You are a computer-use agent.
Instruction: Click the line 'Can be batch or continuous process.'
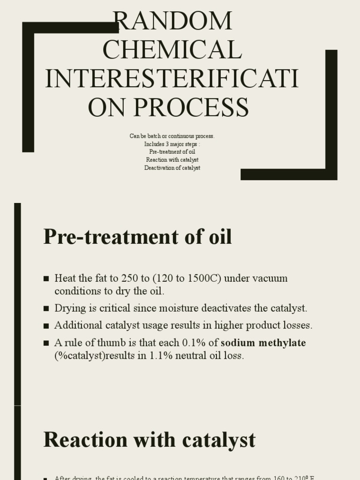tap(172, 136)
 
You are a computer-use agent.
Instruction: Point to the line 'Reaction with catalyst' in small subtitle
tap(172, 160)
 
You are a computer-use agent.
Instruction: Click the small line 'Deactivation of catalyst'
tap(172, 168)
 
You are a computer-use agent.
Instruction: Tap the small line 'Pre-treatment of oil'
tap(172, 152)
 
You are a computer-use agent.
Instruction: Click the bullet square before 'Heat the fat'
tap(46, 279)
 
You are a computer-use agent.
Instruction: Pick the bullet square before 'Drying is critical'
tap(46, 309)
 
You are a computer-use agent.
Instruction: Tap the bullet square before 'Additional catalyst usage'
tap(46, 326)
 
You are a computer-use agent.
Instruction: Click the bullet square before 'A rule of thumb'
tap(46, 343)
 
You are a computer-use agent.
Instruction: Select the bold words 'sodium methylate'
tap(263, 343)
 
